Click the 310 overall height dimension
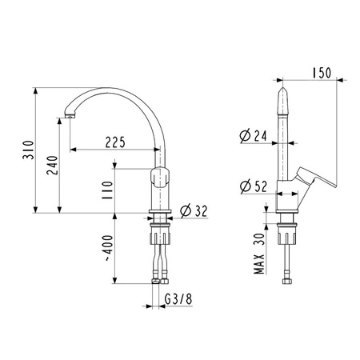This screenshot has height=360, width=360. pyautogui.click(x=28, y=150)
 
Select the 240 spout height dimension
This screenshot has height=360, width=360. pyautogui.click(x=52, y=166)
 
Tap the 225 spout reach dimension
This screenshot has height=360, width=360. pyautogui.click(x=115, y=142)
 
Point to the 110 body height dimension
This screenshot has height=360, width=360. pyautogui.click(x=107, y=190)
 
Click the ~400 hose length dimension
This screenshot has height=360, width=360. pyautogui.click(x=108, y=248)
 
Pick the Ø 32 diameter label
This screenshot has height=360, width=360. pyautogui.click(x=194, y=211)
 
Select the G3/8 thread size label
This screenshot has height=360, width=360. pyautogui.click(x=178, y=299)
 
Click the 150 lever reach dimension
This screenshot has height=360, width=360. pyautogui.click(x=322, y=73)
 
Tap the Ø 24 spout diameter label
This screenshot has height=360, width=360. pyautogui.click(x=253, y=136)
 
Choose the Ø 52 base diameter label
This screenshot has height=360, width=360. pyautogui.click(x=254, y=186)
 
